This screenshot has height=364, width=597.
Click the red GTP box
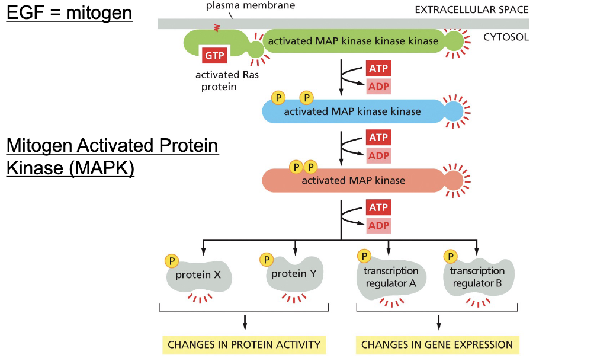214,56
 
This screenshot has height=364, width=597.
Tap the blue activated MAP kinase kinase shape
362,111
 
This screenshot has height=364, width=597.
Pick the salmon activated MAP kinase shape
362,180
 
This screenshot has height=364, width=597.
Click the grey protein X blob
199,276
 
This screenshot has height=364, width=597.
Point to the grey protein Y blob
294,274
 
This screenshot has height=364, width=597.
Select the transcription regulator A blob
391,278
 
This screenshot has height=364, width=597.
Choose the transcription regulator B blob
479,278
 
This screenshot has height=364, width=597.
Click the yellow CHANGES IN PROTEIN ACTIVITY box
244,344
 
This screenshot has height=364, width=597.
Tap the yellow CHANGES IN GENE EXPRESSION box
437,344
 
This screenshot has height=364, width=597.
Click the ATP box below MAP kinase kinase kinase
378,69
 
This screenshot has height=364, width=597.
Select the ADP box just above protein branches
378,226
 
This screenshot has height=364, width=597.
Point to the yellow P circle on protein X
172,261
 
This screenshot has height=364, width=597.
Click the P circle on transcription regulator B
450,257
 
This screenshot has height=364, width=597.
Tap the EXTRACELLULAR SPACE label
471,9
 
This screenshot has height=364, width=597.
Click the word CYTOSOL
506,37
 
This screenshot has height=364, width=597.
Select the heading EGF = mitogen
69,12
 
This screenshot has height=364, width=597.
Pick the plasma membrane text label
251,5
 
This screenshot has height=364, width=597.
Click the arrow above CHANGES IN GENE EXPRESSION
439,323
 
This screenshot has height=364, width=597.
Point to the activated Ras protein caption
227,81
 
